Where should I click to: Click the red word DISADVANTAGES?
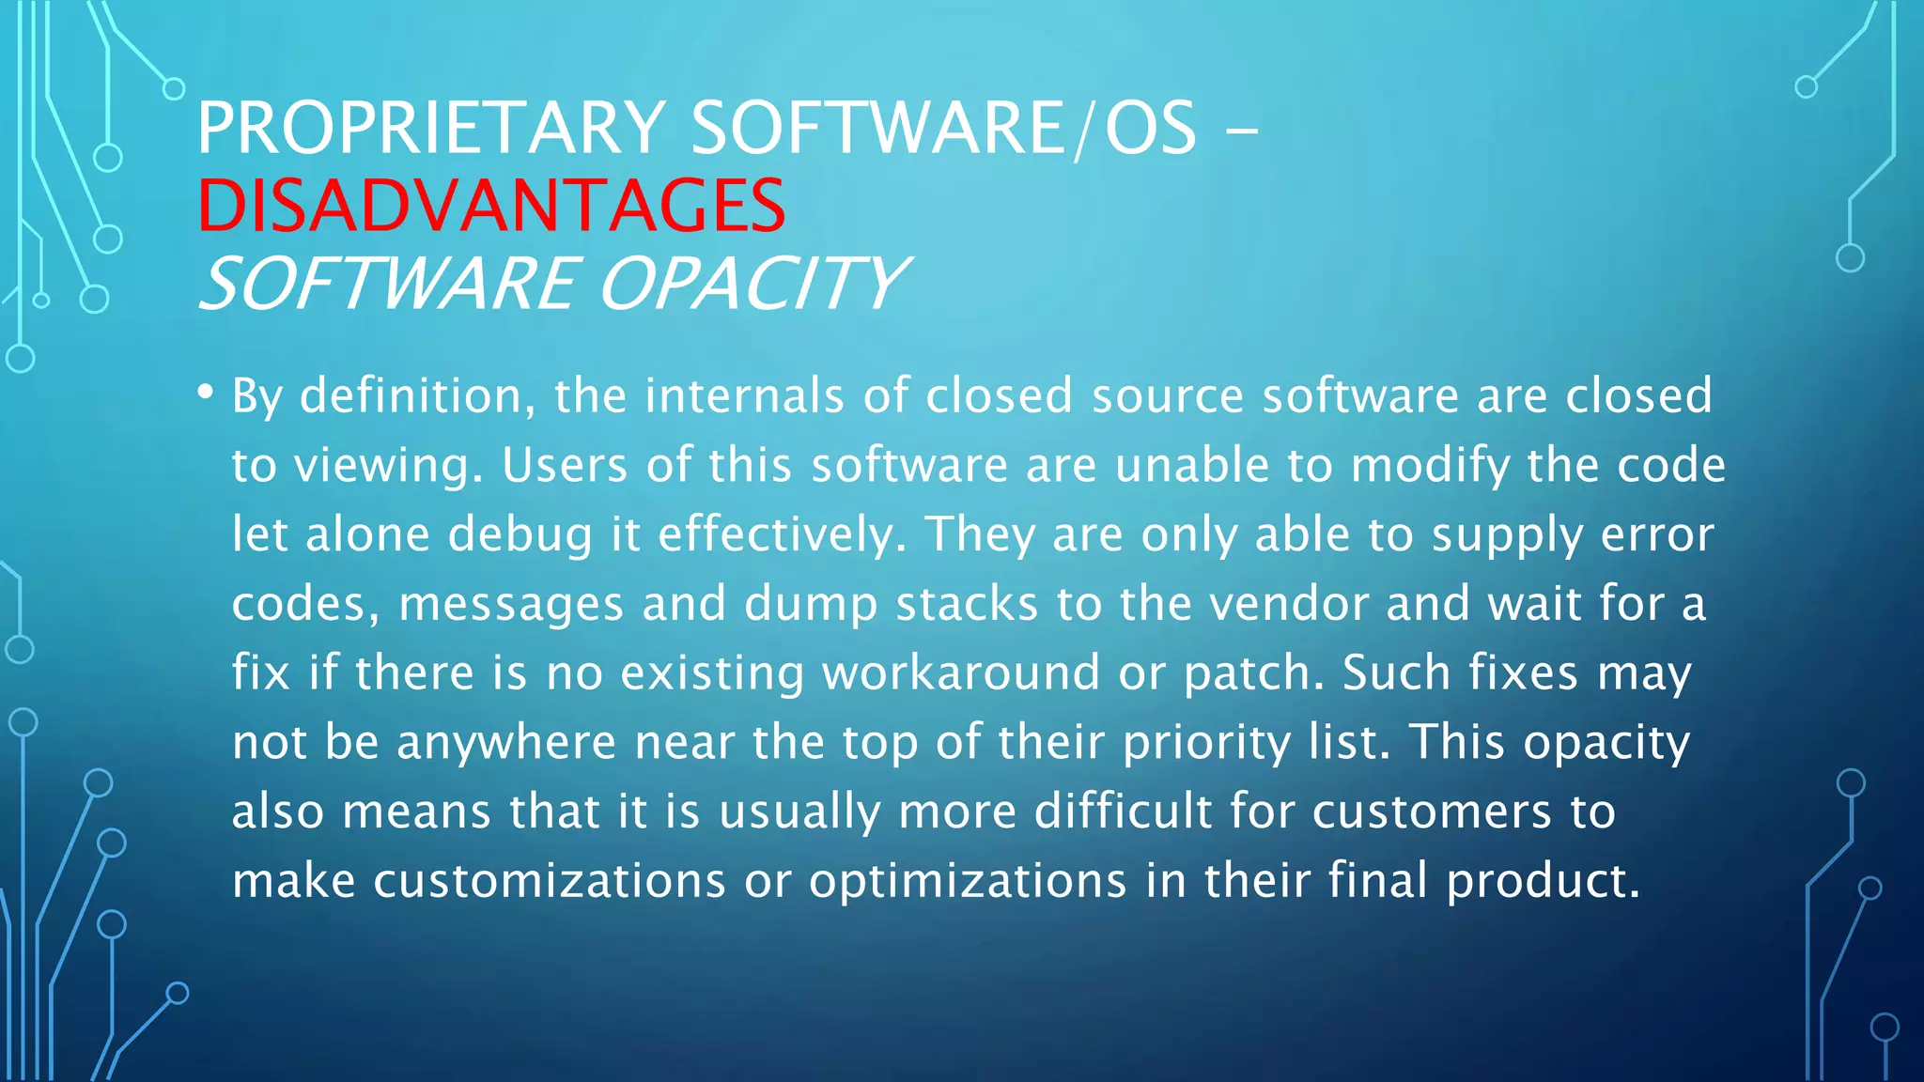[490, 206]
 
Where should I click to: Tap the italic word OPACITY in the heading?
[752, 283]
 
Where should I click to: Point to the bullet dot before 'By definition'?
[206, 393]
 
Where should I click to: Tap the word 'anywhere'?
[505, 744]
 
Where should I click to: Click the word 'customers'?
[1431, 812]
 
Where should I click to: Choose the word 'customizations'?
[550, 881]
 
